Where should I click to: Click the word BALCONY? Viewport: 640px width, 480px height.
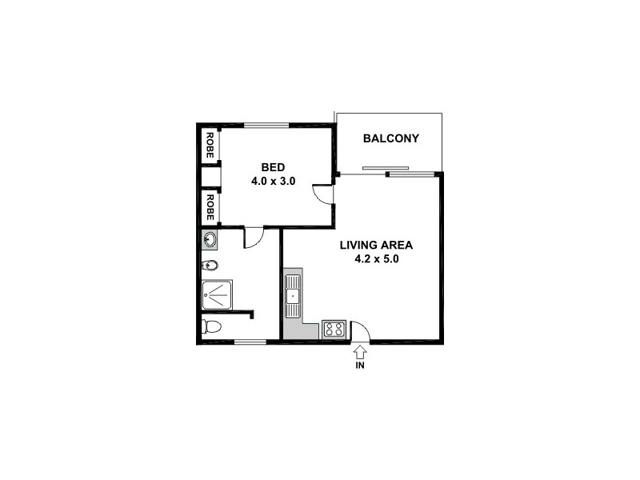click(390, 138)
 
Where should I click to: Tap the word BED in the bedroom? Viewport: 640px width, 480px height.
click(273, 167)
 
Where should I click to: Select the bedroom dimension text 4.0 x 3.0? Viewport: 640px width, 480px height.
click(273, 181)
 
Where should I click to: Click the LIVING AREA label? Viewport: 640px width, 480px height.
click(376, 246)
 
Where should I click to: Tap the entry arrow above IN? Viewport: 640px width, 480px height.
click(359, 350)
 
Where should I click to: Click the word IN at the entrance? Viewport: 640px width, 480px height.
click(359, 366)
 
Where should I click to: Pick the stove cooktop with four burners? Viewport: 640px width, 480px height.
click(333, 328)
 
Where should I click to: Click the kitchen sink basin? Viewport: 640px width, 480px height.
click(293, 297)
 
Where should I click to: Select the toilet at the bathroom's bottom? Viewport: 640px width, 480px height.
click(212, 326)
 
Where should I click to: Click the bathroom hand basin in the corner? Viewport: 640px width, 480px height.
click(210, 238)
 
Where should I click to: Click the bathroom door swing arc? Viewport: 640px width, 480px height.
click(252, 238)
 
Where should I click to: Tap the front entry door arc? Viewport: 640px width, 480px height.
click(360, 330)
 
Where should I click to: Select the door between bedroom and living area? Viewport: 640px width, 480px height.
click(322, 194)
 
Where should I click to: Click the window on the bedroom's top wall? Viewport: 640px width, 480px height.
click(266, 124)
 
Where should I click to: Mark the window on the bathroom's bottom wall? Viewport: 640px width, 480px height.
click(250, 342)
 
